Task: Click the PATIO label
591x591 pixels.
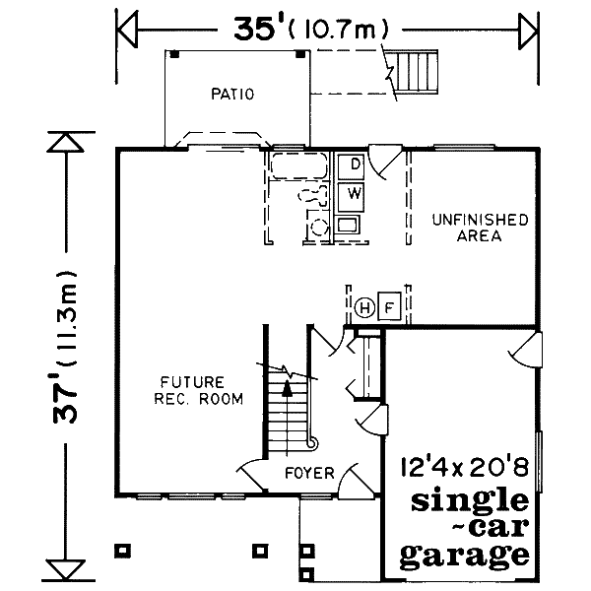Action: click(x=232, y=95)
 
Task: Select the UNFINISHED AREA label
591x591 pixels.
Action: click(x=479, y=228)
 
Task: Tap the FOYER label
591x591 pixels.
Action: click(x=304, y=475)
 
